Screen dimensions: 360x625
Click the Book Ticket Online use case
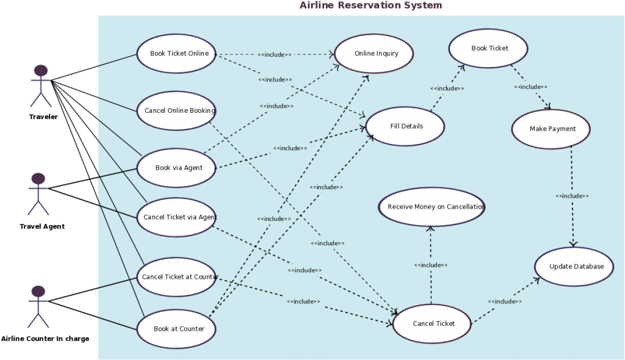click(176, 54)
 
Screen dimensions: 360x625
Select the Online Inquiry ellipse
click(374, 54)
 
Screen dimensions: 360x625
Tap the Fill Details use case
click(405, 126)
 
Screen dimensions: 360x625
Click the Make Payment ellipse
click(551, 129)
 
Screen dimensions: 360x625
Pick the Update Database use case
click(574, 267)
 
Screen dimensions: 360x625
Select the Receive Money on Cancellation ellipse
click(432, 207)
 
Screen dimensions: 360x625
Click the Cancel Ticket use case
click(432, 323)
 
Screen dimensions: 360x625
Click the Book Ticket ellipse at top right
click(488, 48)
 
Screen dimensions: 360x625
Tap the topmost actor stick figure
click(41, 85)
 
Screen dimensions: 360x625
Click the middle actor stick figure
click(38, 193)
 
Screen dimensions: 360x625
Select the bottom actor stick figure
click(38, 306)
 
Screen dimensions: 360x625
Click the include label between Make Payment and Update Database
click(572, 196)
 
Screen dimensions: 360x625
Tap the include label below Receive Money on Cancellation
click(431, 265)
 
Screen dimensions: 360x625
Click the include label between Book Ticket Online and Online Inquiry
click(274, 54)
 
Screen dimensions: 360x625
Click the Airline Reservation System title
click(370, 5)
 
